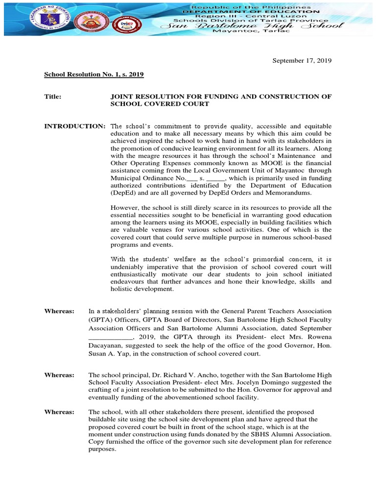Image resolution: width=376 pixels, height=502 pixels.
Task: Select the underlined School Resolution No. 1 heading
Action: point(94,75)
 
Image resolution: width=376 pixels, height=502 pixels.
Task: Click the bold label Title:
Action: point(53,97)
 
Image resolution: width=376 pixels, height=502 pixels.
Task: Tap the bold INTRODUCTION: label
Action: point(74,126)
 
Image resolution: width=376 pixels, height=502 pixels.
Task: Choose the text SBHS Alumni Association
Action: point(297,434)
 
